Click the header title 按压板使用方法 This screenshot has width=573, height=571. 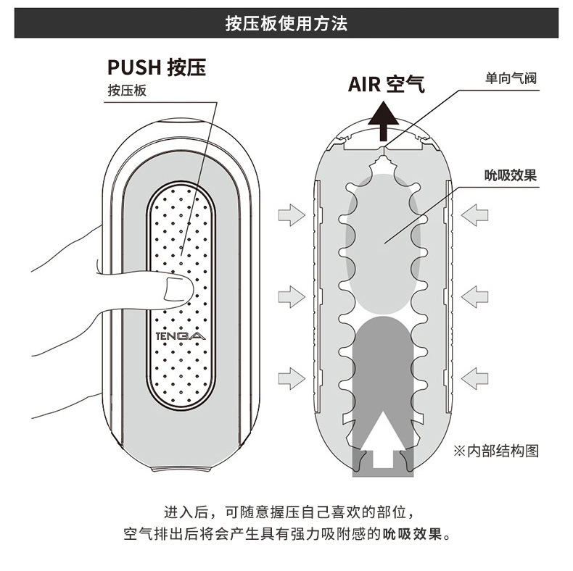click(x=286, y=25)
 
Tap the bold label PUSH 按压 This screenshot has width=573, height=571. click(x=156, y=67)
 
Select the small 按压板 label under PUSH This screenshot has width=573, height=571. click(x=127, y=91)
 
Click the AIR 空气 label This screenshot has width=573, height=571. click(x=386, y=84)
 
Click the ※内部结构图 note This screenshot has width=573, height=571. click(x=496, y=450)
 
